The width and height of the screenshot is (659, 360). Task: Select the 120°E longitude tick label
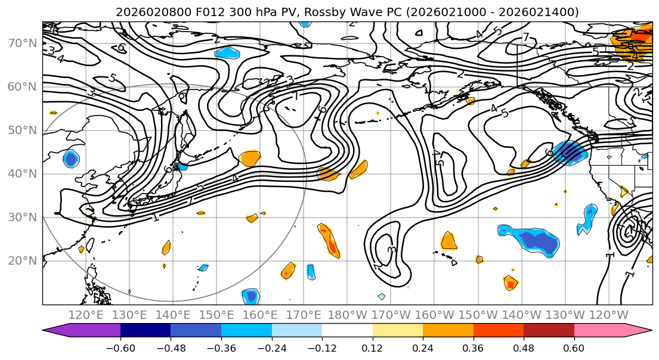tap(86, 315)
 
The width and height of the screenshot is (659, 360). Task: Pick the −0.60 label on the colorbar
tap(120, 347)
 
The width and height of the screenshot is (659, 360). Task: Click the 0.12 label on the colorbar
tap(372, 347)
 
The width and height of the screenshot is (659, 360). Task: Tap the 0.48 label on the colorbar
tap(524, 347)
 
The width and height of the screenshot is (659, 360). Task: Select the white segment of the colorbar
tap(347, 331)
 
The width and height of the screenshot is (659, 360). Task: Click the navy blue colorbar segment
tap(146, 331)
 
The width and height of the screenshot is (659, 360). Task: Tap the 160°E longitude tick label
tap(260, 315)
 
